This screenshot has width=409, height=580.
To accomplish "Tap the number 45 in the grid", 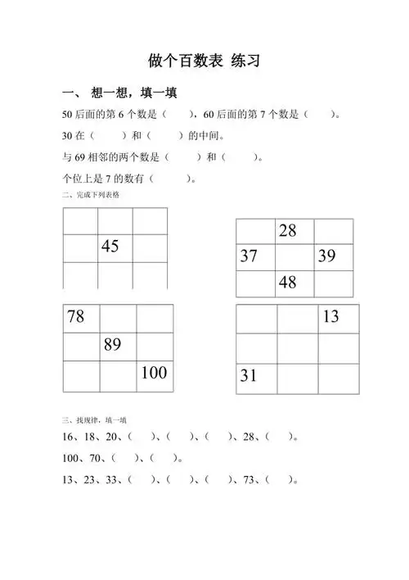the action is tap(110, 247).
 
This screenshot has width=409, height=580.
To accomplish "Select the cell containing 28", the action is tap(287, 231).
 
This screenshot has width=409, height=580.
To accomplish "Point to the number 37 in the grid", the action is tap(249, 256).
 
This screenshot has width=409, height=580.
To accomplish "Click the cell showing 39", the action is tap(326, 256).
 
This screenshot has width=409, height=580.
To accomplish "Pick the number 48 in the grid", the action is tap(287, 283).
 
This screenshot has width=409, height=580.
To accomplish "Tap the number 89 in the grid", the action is tap(113, 346).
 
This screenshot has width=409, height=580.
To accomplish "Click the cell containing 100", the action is tap(154, 374).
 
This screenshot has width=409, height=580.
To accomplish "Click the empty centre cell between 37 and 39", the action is tap(294, 257).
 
